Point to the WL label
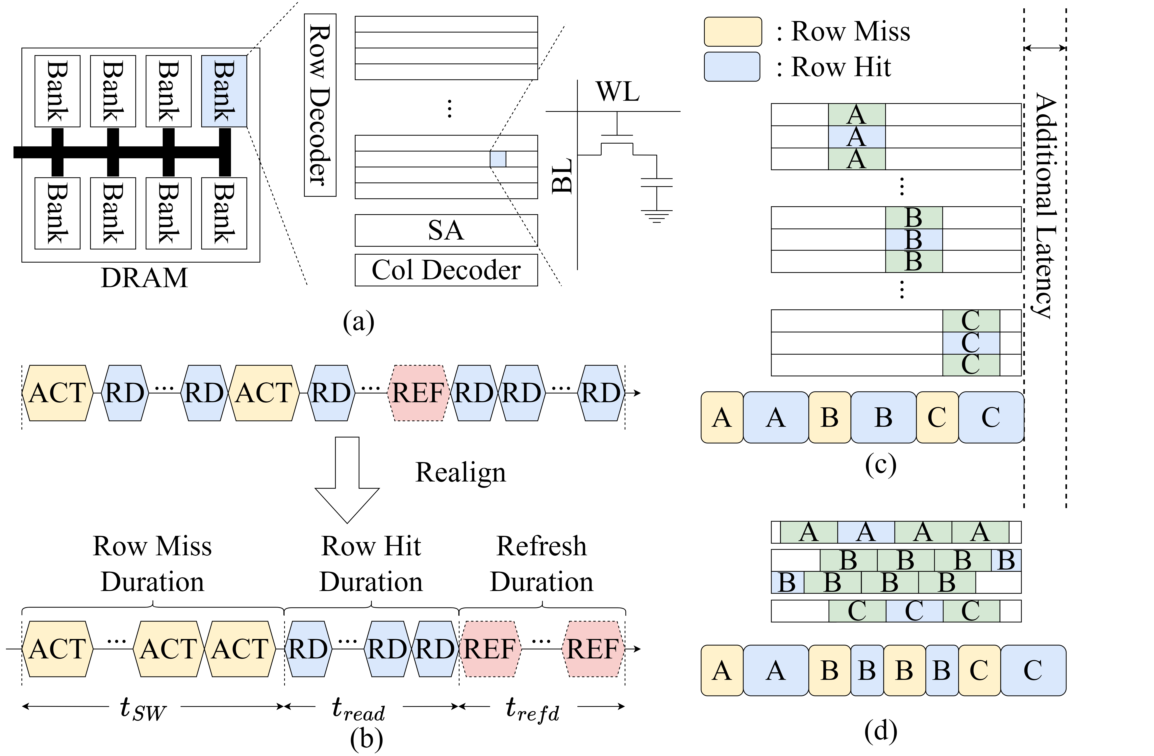click(x=617, y=91)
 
